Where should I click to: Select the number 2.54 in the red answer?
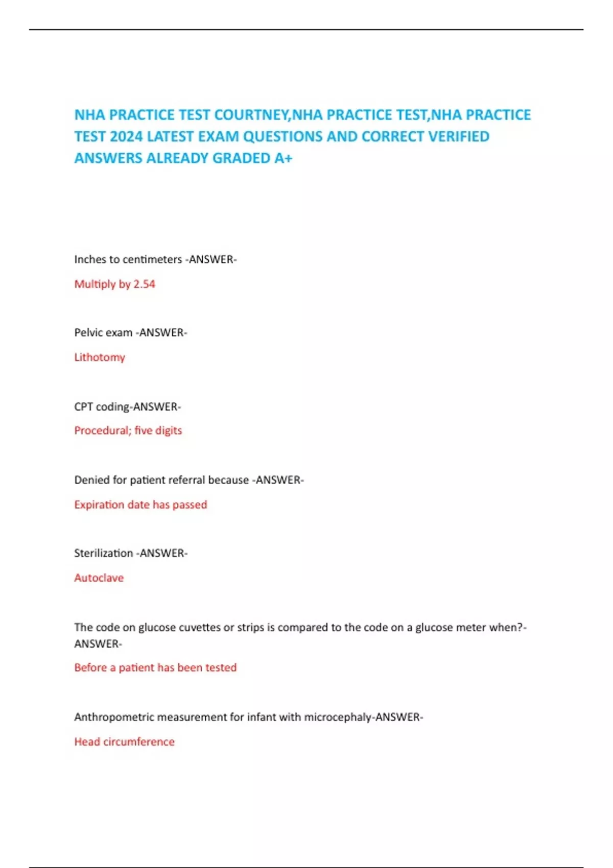click(144, 284)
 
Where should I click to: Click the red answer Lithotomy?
click(100, 357)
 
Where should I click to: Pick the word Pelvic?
click(88, 332)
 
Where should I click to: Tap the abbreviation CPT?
click(83, 406)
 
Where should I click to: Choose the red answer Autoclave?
click(99, 577)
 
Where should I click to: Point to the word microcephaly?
click(338, 717)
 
